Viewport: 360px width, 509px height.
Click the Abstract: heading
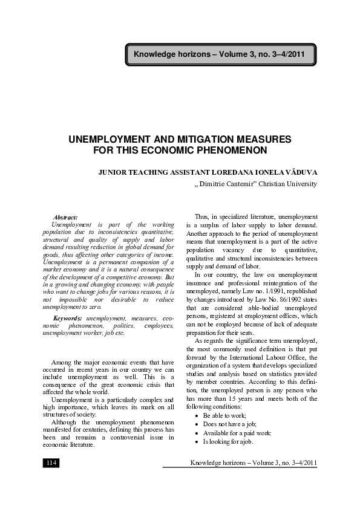[65, 216]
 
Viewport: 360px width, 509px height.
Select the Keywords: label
[68, 318]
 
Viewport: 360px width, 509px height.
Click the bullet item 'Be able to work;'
[232, 417]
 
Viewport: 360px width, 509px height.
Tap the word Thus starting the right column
[202, 216]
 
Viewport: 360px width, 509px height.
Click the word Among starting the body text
[62, 362]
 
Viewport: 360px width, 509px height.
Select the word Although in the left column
[67, 421]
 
